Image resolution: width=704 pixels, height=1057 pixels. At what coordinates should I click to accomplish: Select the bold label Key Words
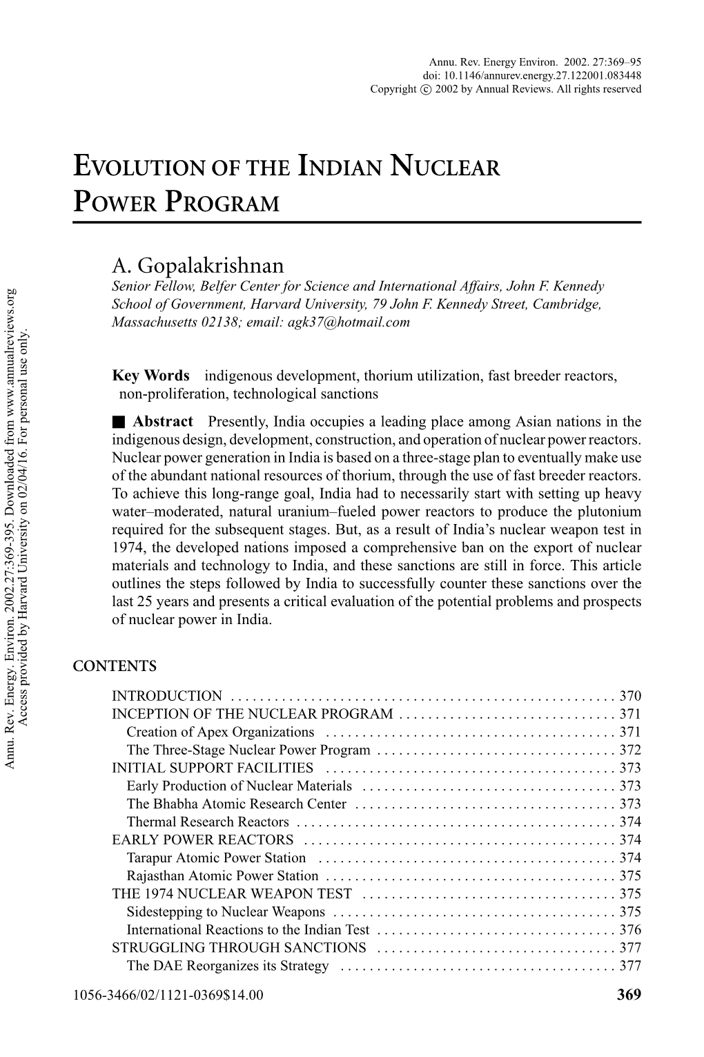[150, 376]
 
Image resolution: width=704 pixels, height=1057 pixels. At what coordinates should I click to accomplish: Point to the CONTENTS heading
[115, 667]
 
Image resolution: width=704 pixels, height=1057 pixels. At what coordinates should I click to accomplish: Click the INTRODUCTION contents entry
[167, 696]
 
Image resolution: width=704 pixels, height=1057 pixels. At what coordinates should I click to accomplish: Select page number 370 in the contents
[630, 696]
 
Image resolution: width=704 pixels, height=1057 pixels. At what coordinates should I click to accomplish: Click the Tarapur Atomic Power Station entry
[216, 857]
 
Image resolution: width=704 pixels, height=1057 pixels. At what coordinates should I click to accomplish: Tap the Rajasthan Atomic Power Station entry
[222, 875]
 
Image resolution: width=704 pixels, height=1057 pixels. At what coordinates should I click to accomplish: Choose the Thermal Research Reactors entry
[208, 822]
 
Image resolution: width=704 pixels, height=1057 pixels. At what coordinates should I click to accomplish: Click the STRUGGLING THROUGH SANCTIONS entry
[239, 947]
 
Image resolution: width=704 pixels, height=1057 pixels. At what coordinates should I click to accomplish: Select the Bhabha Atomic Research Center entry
[236, 804]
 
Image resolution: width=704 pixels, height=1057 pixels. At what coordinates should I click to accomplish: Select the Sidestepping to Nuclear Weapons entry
[226, 911]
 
